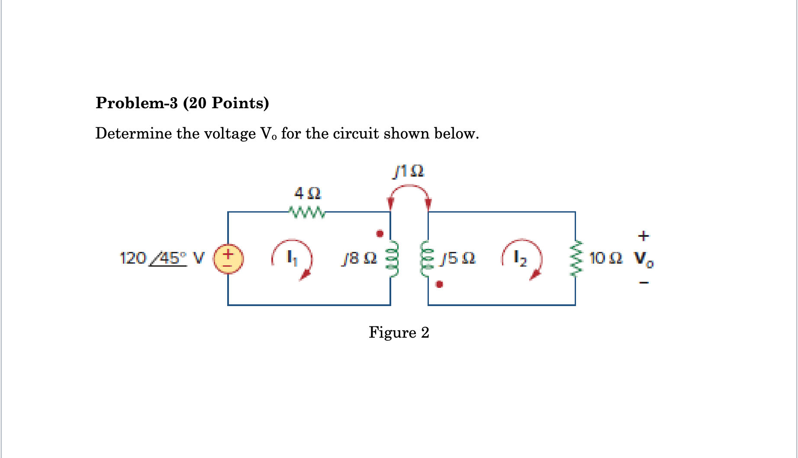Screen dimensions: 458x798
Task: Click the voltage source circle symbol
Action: tap(228, 259)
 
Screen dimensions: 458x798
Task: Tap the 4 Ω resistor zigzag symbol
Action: tap(307, 212)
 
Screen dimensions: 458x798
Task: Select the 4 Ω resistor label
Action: tap(307, 193)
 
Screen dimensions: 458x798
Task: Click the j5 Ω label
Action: tap(457, 258)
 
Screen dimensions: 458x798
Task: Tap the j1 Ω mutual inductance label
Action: tap(408, 171)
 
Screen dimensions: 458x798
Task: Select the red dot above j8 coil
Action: tap(380, 234)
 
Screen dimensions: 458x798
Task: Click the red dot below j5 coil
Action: tap(439, 284)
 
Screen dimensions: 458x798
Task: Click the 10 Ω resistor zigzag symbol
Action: tap(576, 259)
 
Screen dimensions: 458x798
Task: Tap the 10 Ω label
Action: tap(605, 258)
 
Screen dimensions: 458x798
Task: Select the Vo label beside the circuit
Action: tap(644, 259)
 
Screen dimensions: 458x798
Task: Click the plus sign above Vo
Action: tap(644, 236)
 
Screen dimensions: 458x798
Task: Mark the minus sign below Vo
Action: tap(644, 283)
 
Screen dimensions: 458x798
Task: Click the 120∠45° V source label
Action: tap(161, 258)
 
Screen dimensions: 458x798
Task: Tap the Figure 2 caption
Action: tap(399, 332)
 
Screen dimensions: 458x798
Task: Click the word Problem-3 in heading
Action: tap(136, 103)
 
